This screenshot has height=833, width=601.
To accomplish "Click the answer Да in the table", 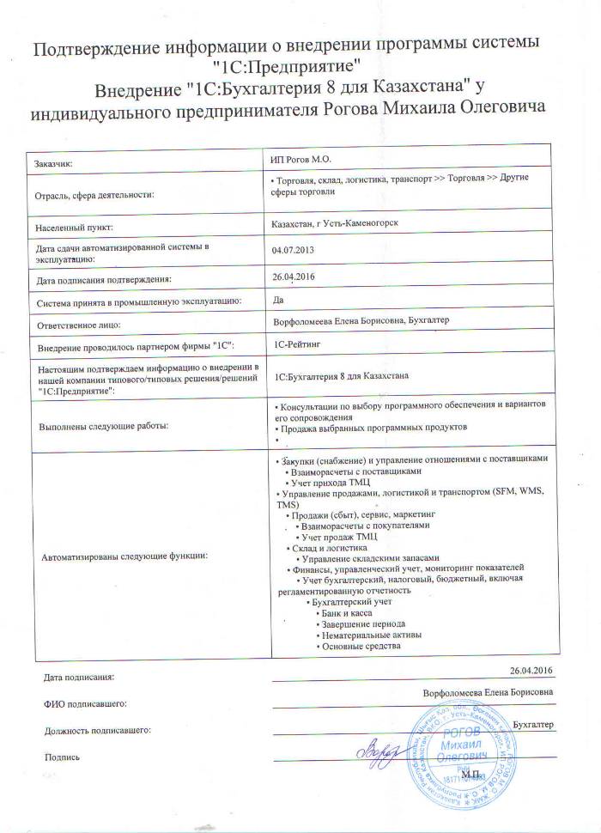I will point(276,301).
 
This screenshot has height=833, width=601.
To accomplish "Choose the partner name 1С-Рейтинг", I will point(297,344).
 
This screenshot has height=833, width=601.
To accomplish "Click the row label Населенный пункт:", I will point(76,229).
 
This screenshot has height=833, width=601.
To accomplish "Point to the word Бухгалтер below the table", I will point(533,725).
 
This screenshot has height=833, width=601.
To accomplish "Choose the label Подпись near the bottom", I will point(61,757).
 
